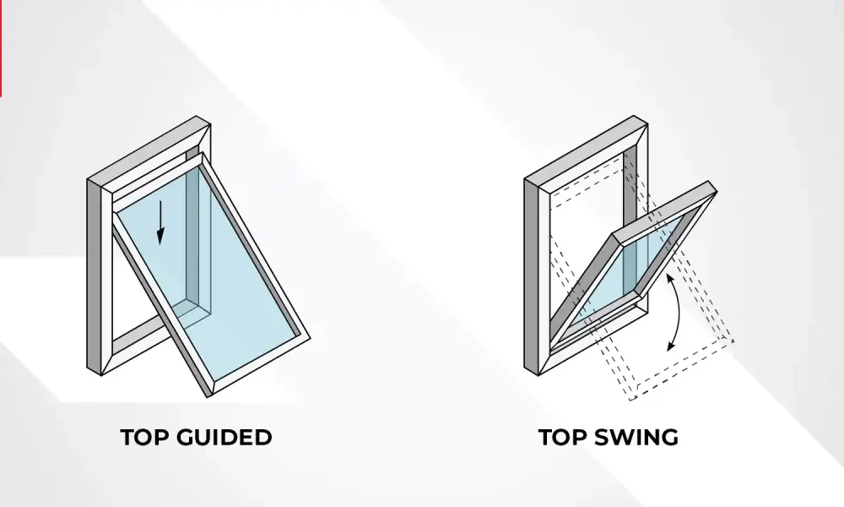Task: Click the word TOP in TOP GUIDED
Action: [144, 437]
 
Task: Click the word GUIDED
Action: [225, 437]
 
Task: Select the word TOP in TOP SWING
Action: [562, 437]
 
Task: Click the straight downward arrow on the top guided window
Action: [160, 222]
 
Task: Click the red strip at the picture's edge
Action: [1, 48]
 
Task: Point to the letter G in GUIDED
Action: [186, 437]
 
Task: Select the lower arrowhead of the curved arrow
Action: [671, 346]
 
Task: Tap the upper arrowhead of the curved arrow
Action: [669, 279]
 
